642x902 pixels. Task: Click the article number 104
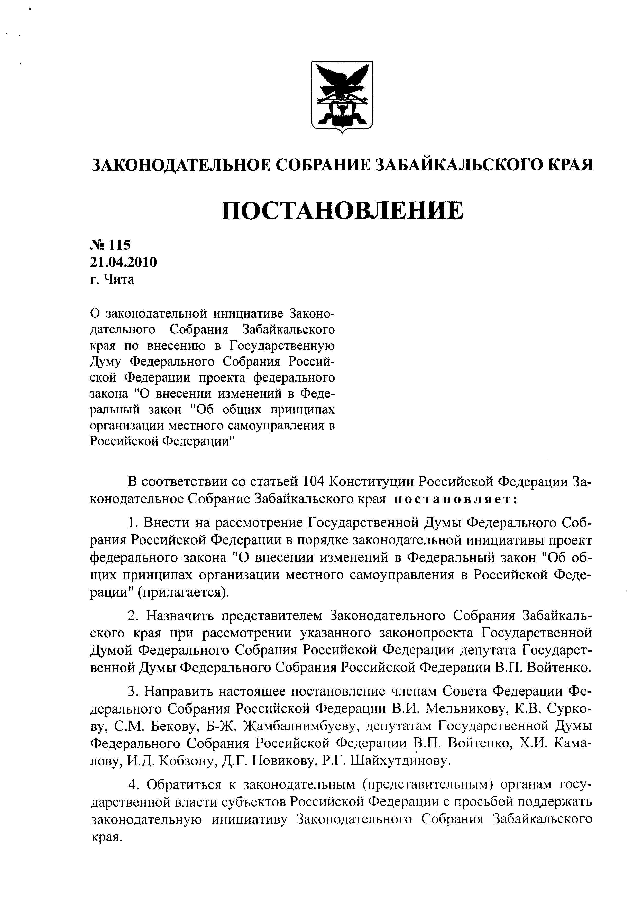(313, 482)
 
